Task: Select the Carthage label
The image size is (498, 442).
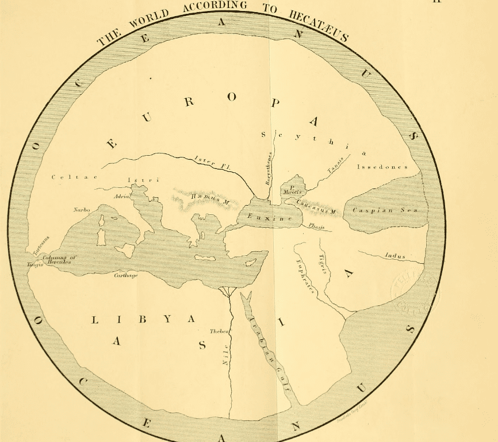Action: coord(125,275)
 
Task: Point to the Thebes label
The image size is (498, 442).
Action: coord(219,332)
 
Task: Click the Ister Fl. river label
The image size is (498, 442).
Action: coord(213,162)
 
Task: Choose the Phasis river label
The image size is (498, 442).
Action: coord(316,227)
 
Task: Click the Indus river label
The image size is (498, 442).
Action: coord(396,256)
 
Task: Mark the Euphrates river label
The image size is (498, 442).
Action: coord(304,276)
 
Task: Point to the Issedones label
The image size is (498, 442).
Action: coord(382,167)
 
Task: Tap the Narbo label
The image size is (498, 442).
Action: coord(82,210)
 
